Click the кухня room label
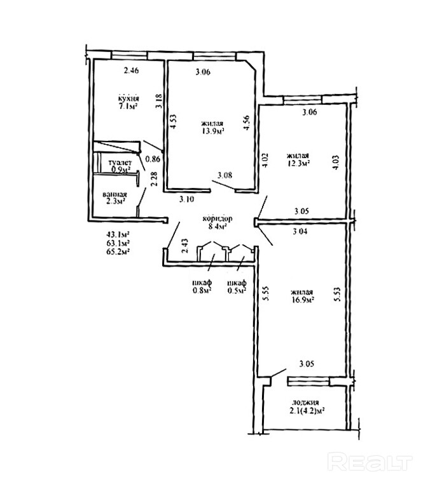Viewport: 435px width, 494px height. pos(128,98)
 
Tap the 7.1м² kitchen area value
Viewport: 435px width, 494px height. pos(128,107)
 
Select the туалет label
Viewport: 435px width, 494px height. pos(119,163)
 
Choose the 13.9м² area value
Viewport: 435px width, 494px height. pos(212,132)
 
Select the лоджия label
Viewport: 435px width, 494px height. pos(305,402)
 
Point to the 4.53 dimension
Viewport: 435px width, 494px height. pos(172,121)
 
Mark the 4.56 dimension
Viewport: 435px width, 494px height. pos(247,121)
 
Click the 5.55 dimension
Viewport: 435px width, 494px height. pos(266,291)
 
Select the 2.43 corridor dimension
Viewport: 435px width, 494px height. pos(184,246)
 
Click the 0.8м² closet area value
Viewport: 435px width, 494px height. pos(202,292)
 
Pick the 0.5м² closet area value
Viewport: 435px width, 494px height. pos(237,292)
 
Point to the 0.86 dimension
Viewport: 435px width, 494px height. pos(153,159)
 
